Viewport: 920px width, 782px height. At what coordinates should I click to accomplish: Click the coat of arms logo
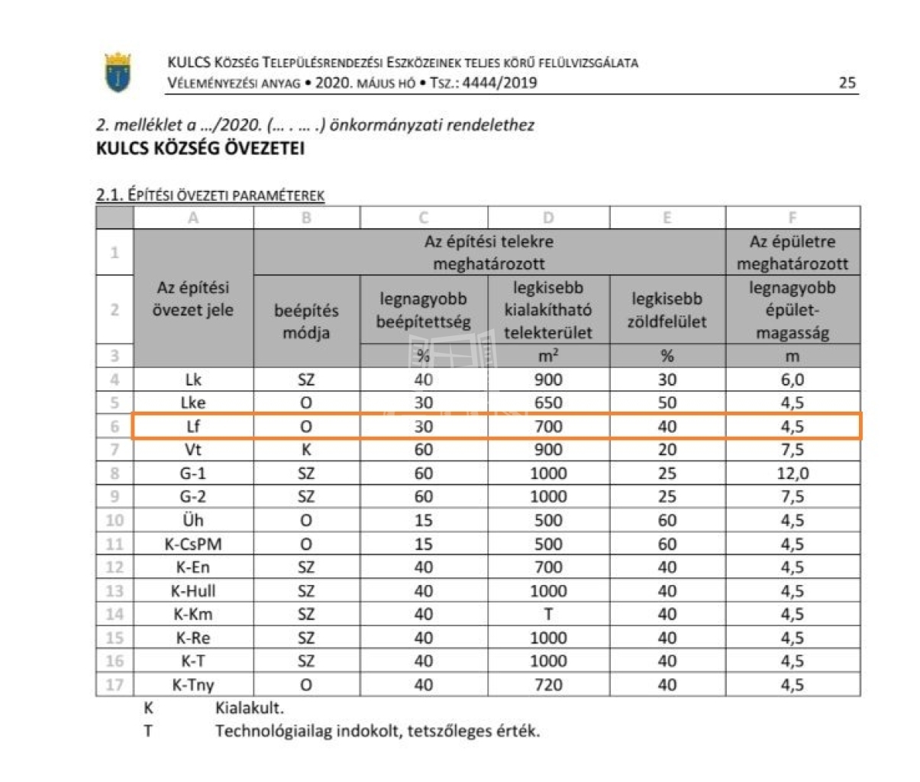point(118,73)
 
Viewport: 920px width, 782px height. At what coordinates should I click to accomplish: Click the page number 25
point(847,82)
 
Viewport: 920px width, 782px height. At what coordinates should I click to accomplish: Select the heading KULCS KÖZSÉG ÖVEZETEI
point(200,148)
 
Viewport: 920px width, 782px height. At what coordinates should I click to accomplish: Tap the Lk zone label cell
point(193,380)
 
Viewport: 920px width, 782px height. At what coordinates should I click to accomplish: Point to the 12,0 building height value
point(792,473)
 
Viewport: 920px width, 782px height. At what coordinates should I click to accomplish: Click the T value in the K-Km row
point(548,614)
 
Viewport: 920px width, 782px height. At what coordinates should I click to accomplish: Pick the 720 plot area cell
point(548,684)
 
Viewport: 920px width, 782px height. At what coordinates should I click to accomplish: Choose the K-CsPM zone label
point(193,544)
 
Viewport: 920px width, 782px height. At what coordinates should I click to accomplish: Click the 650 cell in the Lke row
point(548,402)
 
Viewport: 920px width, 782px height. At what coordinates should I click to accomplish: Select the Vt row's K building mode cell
point(306,450)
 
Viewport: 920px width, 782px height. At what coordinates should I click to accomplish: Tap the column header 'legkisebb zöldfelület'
point(667,310)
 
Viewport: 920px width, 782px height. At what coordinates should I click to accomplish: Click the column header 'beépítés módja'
point(306,322)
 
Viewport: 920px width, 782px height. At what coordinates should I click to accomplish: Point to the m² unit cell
point(548,356)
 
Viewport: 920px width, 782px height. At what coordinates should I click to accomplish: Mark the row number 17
point(115,684)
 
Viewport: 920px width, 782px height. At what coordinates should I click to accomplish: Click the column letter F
point(792,218)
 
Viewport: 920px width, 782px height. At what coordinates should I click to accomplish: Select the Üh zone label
point(193,520)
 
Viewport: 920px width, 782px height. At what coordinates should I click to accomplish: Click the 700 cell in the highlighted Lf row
point(548,426)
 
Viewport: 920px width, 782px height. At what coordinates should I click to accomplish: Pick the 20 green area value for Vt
point(667,450)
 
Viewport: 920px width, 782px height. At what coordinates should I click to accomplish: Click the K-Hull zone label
point(193,590)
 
